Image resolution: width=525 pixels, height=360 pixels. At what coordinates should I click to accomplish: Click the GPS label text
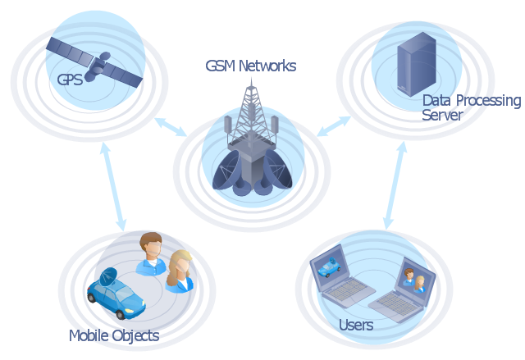70,80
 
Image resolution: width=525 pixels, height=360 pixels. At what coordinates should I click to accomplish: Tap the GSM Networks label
250,66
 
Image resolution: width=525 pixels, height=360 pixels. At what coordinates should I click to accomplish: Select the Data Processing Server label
470,107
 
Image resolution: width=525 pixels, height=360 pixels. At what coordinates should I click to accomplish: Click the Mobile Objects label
113,335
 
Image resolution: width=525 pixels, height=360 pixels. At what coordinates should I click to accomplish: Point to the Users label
356,326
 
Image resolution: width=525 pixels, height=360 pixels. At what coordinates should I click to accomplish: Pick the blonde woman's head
180,265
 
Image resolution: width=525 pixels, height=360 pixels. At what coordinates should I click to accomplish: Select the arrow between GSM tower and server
334,125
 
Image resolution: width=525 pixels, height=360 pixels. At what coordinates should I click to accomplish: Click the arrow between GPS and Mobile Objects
113,188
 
